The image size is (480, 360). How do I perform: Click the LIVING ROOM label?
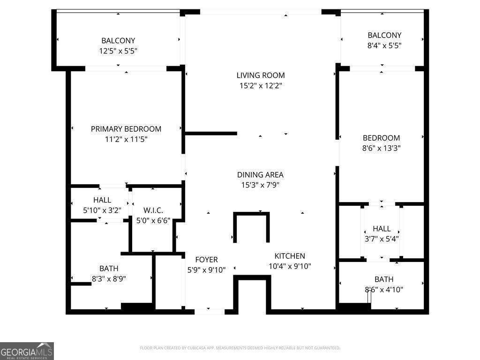[x=260, y=75]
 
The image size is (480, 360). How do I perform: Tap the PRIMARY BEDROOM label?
[x=126, y=129]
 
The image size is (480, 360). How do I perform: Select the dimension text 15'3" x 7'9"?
[x=260, y=185]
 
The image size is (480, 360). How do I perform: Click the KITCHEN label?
[x=290, y=256]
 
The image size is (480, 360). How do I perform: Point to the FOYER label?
[x=206, y=260]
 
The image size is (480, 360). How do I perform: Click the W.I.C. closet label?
[x=153, y=210]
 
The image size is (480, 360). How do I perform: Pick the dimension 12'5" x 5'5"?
[x=118, y=51]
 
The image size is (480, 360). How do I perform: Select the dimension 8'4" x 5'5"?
[x=384, y=45]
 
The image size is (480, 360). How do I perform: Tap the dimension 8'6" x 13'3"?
[x=382, y=148]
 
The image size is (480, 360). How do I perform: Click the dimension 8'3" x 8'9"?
[x=109, y=279]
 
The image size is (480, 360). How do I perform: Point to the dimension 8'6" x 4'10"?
[x=384, y=290]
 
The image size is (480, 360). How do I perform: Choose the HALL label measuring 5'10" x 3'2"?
[x=102, y=200]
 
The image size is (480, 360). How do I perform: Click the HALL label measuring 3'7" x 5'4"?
[x=382, y=229]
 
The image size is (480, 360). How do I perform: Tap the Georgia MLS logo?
[x=27, y=351]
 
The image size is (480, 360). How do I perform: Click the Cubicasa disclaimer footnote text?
[x=240, y=348]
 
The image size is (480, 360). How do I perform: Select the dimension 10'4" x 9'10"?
[x=290, y=266]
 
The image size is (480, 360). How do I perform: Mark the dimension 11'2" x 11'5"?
[x=126, y=139]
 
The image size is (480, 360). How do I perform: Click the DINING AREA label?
[x=260, y=175]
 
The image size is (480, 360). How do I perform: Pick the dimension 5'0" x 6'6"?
[x=153, y=220]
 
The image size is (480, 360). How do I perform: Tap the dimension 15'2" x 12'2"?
[x=260, y=86]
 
